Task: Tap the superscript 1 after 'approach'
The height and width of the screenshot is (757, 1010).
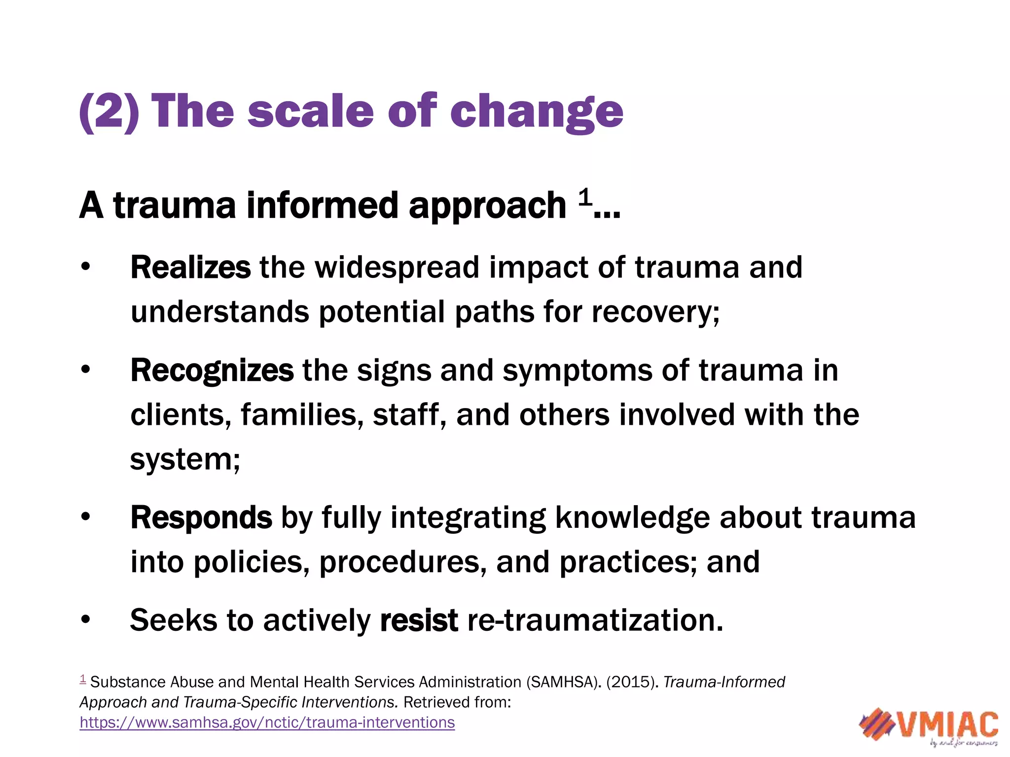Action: click(584, 198)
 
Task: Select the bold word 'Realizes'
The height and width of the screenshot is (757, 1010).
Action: click(190, 268)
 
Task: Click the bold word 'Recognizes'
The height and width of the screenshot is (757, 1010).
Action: click(212, 371)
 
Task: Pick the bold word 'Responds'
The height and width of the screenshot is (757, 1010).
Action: click(201, 518)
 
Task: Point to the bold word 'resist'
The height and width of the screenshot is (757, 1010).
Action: click(419, 620)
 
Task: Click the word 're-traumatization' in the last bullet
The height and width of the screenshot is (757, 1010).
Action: click(595, 620)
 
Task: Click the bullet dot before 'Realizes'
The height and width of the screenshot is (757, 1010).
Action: click(86, 267)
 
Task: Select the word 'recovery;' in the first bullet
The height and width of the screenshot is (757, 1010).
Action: click(655, 312)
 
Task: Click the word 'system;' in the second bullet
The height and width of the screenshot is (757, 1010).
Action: click(185, 460)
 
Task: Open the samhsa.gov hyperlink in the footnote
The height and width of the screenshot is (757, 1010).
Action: click(267, 723)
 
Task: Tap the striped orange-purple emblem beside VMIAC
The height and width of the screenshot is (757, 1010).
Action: click(876, 723)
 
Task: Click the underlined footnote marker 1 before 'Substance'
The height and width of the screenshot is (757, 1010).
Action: click(83, 679)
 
